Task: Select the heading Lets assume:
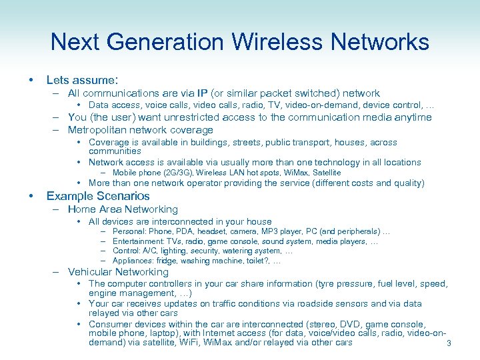point(82,80)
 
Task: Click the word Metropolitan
point(99,130)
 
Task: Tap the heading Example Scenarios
point(98,196)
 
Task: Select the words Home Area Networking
point(123,209)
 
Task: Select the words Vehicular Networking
point(118,272)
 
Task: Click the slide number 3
point(449,344)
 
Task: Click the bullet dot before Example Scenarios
point(31,196)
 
